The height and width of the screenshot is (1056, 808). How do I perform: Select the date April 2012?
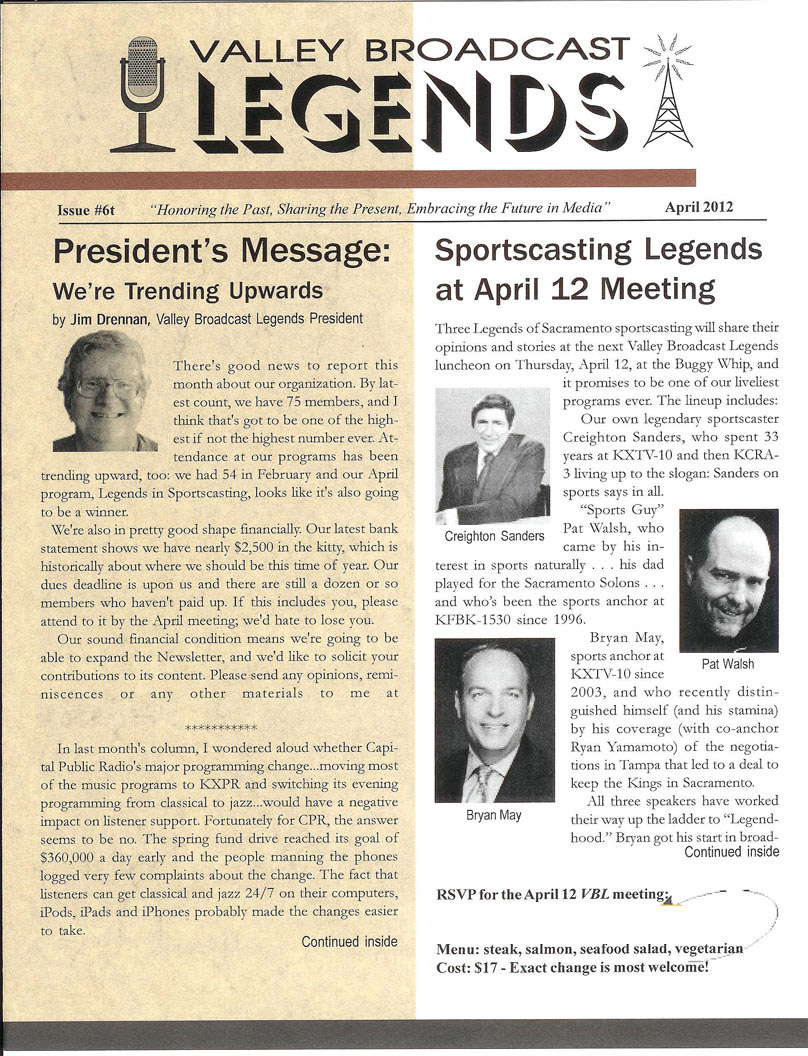pyautogui.click(x=698, y=208)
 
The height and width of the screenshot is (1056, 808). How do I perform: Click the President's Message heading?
pyautogui.click(x=220, y=253)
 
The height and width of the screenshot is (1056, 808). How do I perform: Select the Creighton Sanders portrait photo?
pyautogui.click(x=493, y=456)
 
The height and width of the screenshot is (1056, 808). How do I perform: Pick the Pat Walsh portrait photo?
pyautogui.click(x=728, y=580)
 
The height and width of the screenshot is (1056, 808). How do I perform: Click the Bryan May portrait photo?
pyautogui.click(x=494, y=720)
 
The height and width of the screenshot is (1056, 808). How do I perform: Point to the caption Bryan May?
pyautogui.click(x=494, y=815)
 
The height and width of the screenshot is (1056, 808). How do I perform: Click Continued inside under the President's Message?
pyautogui.click(x=349, y=941)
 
